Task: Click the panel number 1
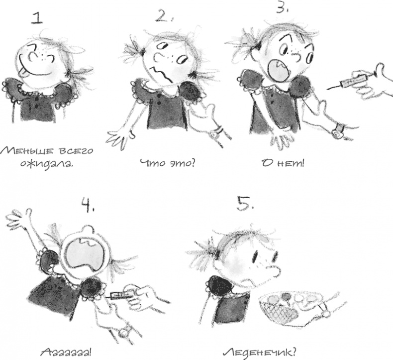click(x=37, y=18)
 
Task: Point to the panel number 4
click(x=87, y=205)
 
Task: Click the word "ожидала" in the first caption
click(x=47, y=164)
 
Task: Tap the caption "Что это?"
click(x=168, y=163)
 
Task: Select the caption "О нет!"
click(x=283, y=163)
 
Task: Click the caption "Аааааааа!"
click(x=66, y=353)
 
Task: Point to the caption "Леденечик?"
click(x=259, y=352)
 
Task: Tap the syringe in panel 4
click(x=121, y=295)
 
